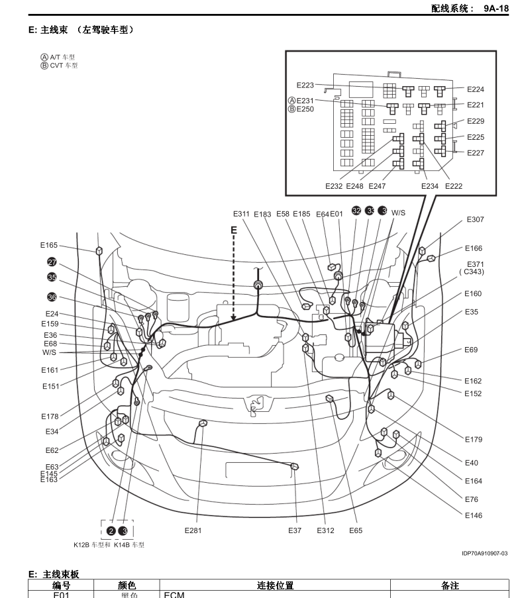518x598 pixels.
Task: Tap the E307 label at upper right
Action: pyautogui.click(x=475, y=219)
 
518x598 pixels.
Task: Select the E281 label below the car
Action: pyautogui.click(x=193, y=530)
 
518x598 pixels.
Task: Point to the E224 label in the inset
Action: pyautogui.click(x=475, y=89)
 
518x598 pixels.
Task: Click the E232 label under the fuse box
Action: pyautogui.click(x=334, y=186)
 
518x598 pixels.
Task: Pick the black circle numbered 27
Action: pyautogui.click(x=52, y=262)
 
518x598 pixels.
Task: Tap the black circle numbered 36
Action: pyautogui.click(x=52, y=297)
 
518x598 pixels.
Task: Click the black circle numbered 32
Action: pyautogui.click(x=356, y=211)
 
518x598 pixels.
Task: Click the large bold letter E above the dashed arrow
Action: pyautogui.click(x=233, y=230)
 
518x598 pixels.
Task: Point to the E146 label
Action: pyautogui.click(x=473, y=515)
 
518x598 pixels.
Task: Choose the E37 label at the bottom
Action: pyautogui.click(x=295, y=530)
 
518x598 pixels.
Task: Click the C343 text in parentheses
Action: pyautogui.click(x=472, y=272)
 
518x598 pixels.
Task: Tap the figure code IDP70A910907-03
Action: pyautogui.click(x=485, y=553)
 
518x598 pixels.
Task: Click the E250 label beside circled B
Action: pyautogui.click(x=305, y=109)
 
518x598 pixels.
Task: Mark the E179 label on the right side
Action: pyautogui.click(x=473, y=439)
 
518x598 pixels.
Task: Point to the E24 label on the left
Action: pyautogui.click(x=52, y=314)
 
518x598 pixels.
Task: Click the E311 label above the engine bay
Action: pyautogui.click(x=241, y=214)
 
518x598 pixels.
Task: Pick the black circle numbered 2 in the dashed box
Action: pyautogui.click(x=111, y=530)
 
